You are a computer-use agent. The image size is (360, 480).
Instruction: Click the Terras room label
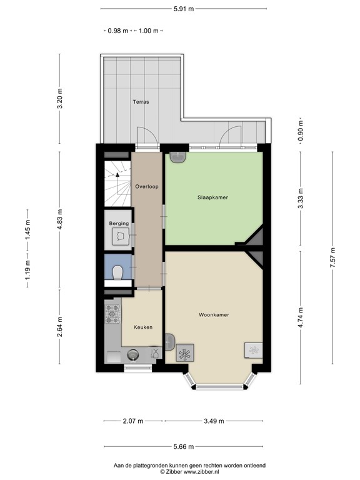(140, 101)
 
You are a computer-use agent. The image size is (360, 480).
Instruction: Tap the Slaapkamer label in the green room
(213, 197)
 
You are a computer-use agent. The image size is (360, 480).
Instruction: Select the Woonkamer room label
(213, 314)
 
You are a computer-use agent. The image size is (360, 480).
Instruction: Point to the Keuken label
(142, 327)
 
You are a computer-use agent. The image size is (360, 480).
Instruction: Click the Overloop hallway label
(147, 186)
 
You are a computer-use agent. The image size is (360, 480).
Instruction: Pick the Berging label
(119, 223)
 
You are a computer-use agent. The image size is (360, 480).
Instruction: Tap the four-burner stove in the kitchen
(112, 314)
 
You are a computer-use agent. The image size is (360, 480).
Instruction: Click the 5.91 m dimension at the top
(184, 9)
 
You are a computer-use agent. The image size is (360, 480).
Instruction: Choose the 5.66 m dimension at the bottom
(184, 446)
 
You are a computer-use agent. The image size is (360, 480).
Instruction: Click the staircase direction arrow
(116, 177)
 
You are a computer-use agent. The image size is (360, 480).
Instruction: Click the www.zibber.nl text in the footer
(199, 472)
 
